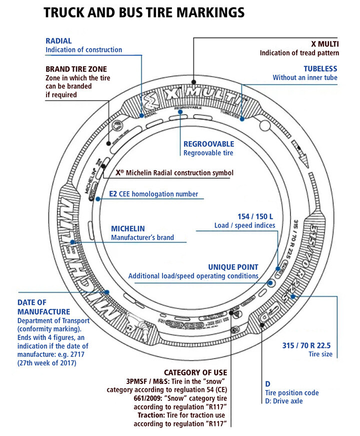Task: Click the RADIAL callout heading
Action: (x=59, y=41)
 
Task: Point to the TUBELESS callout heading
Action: (x=320, y=69)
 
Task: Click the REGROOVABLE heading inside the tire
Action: (x=208, y=144)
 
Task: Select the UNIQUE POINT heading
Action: (x=233, y=267)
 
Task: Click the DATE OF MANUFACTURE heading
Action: (x=39, y=306)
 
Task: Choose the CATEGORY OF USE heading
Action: (x=195, y=372)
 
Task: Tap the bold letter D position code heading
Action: (x=267, y=383)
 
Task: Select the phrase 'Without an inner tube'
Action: (x=305, y=78)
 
